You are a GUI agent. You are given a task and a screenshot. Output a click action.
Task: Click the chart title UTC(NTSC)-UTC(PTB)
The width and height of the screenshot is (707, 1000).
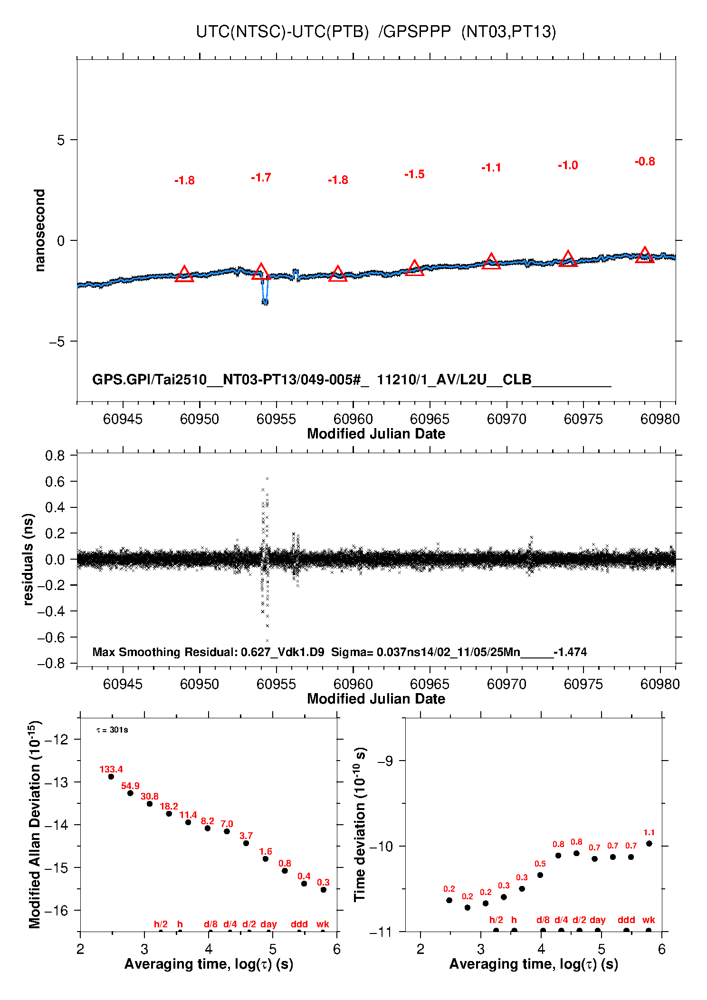pos(282,32)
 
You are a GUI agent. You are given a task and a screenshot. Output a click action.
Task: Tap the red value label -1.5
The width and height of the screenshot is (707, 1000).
pos(414,174)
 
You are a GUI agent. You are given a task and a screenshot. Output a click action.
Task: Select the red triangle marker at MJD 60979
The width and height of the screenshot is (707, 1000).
pos(644,256)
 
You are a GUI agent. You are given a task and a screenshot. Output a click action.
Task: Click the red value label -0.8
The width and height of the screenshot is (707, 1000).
pos(645,162)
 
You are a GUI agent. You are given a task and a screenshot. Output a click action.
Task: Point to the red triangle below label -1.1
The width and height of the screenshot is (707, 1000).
pos(491,262)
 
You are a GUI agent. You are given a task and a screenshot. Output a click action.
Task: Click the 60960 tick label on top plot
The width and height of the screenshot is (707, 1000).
pos(353,419)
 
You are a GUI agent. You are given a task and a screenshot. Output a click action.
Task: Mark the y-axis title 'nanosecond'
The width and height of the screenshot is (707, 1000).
pos(40,230)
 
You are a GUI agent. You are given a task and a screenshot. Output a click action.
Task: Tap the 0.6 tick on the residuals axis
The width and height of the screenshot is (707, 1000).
pos(55,482)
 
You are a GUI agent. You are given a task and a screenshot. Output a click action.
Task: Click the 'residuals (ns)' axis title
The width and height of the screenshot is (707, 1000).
pos(29,559)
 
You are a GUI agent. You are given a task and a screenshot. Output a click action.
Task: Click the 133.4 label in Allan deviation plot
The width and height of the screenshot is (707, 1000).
pos(111,769)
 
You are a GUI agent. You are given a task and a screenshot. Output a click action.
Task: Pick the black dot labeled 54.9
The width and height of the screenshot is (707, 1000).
pos(130,793)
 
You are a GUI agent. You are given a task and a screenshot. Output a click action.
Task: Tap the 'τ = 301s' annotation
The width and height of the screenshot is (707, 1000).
pos(112,730)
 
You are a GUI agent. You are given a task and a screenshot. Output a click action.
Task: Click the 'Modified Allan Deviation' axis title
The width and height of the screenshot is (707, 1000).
pos(35,824)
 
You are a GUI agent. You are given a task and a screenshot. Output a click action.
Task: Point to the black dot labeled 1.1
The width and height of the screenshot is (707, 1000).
pos(649,843)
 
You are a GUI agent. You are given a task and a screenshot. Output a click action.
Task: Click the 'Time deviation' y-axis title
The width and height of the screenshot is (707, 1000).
pos(360,824)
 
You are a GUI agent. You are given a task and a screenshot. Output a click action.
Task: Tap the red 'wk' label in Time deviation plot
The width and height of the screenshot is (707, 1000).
pos(649,920)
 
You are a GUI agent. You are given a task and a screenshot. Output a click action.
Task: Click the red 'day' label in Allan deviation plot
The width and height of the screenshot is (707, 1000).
pos(268,924)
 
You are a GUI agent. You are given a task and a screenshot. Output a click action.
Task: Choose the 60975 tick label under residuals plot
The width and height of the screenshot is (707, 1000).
pos(583,684)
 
